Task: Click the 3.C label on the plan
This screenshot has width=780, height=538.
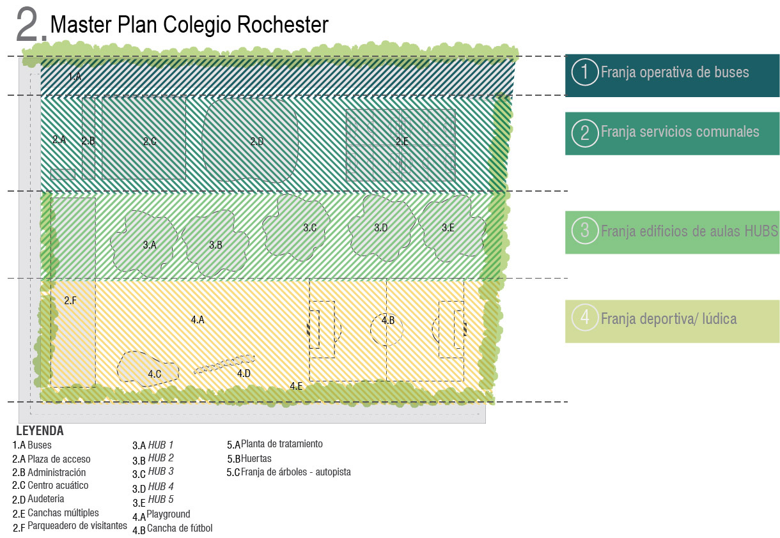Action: (x=310, y=227)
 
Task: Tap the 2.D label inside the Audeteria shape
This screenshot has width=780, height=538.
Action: (x=256, y=142)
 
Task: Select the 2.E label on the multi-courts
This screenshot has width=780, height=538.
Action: (x=402, y=142)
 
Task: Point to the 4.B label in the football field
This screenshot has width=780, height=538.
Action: (x=388, y=320)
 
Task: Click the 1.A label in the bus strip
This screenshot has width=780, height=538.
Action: (x=75, y=77)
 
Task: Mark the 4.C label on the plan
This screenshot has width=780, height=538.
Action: (x=154, y=374)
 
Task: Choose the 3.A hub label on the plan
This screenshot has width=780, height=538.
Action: (x=150, y=244)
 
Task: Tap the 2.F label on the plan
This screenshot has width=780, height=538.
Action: (x=70, y=300)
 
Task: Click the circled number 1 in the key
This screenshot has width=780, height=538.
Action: (x=584, y=72)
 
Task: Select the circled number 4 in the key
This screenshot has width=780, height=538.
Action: (x=584, y=318)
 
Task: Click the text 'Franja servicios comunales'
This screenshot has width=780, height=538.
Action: (x=680, y=132)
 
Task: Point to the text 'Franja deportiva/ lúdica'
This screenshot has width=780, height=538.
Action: (x=668, y=318)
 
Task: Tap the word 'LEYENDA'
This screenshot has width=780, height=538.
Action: (x=40, y=431)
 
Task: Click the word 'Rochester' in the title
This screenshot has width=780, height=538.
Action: (x=283, y=25)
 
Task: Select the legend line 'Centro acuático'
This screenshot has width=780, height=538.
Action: (x=58, y=486)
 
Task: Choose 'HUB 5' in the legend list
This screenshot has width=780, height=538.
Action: (x=160, y=500)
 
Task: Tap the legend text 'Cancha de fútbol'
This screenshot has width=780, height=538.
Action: (x=180, y=528)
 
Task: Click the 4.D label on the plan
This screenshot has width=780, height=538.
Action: (x=244, y=374)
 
